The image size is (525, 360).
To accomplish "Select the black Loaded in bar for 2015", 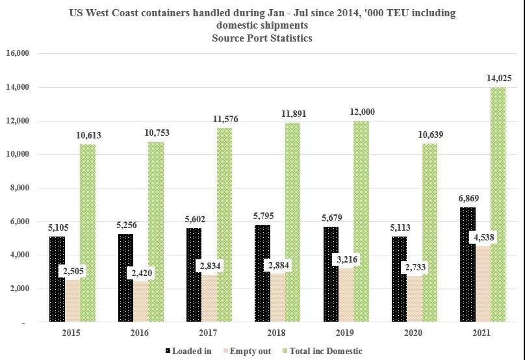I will (x=57, y=279).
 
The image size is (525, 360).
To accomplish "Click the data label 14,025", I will (x=498, y=78).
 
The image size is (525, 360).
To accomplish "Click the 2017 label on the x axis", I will (x=208, y=333).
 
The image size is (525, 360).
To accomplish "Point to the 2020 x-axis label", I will (x=413, y=333).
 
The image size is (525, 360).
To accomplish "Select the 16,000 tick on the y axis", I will (x=19, y=53).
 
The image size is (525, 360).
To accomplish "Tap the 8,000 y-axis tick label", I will (x=21, y=188).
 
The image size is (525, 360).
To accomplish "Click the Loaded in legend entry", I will (x=188, y=351).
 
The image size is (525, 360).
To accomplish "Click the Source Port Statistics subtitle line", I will (x=262, y=38).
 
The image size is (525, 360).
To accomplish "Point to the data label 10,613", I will (x=88, y=135).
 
